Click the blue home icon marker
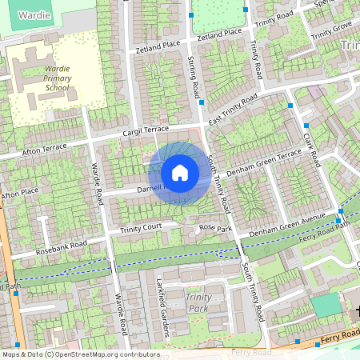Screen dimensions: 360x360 point(180,173)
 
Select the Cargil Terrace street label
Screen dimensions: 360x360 point(145,129)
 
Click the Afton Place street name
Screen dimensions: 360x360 point(20,194)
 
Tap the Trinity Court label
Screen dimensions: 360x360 point(142,229)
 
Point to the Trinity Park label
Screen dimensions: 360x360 point(199,302)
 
